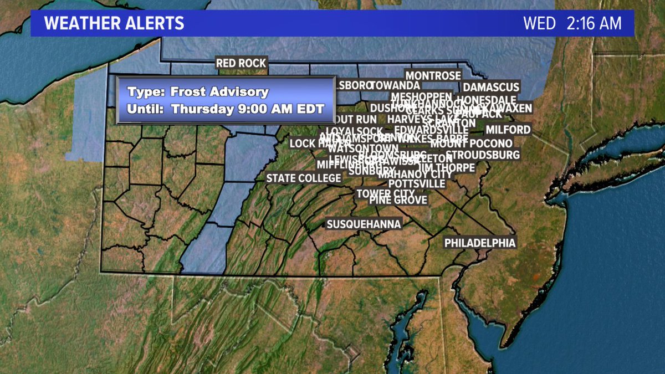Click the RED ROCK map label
tap(242, 63)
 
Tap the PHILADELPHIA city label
tap(480, 243)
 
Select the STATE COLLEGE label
tap(304, 178)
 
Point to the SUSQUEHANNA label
tap(364, 224)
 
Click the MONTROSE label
tap(433, 75)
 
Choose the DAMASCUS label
tap(491, 87)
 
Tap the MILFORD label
tap(508, 130)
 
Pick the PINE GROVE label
tap(398, 200)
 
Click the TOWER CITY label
tap(385, 193)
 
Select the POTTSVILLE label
tap(417, 183)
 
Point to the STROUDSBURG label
tap(483, 155)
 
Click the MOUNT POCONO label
tap(471, 144)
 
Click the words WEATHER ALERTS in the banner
tap(114, 24)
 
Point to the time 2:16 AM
tap(594, 24)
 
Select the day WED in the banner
tap(539, 24)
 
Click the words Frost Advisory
tap(219, 92)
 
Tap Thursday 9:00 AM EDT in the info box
tap(247, 109)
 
